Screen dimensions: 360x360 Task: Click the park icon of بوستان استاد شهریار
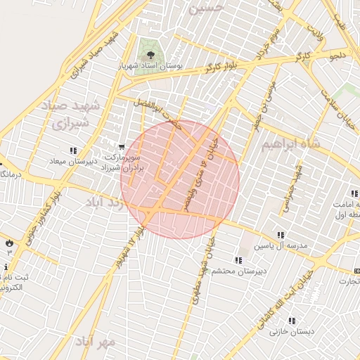pyautogui.click(x=148, y=53)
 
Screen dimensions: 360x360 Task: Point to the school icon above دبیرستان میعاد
pyautogui.click(x=74, y=150)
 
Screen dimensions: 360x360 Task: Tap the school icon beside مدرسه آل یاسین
pyautogui.click(x=281, y=235)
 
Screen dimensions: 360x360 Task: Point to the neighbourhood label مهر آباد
pyautogui.click(x=95, y=342)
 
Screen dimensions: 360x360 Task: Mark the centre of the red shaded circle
pyautogui.click(x=180, y=179)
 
